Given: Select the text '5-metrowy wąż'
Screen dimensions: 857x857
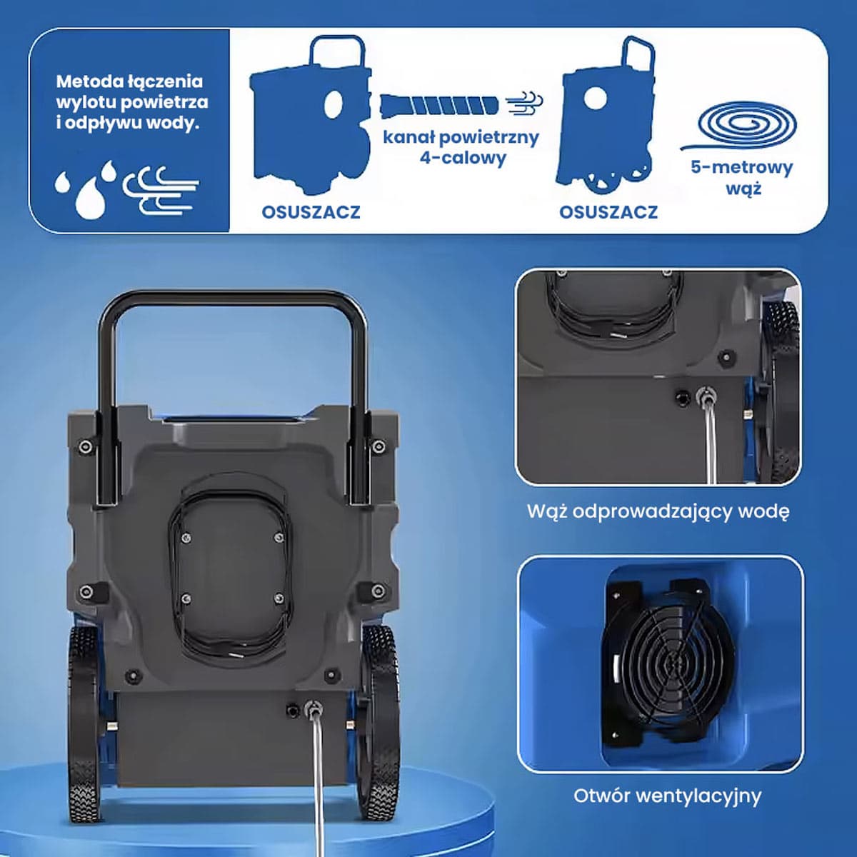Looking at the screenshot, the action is pyautogui.click(x=742, y=178).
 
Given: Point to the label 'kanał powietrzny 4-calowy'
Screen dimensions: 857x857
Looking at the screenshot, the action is pyautogui.click(x=461, y=147).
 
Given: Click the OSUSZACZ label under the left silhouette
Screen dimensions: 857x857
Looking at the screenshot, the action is pyautogui.click(x=311, y=212).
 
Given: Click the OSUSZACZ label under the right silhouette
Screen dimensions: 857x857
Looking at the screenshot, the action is pyautogui.click(x=608, y=212).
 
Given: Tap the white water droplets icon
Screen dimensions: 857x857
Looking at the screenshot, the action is pyautogui.click(x=86, y=189).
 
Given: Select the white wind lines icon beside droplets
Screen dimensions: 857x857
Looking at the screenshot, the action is pyautogui.click(x=161, y=191).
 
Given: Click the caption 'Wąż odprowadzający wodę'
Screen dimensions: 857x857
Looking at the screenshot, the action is pyautogui.click(x=658, y=512).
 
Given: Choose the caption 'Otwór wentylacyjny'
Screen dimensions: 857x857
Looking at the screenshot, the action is pyautogui.click(x=667, y=796).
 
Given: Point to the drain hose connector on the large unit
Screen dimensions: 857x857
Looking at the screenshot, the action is pyautogui.click(x=313, y=707).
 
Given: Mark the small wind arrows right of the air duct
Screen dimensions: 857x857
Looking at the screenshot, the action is pyautogui.click(x=525, y=104).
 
